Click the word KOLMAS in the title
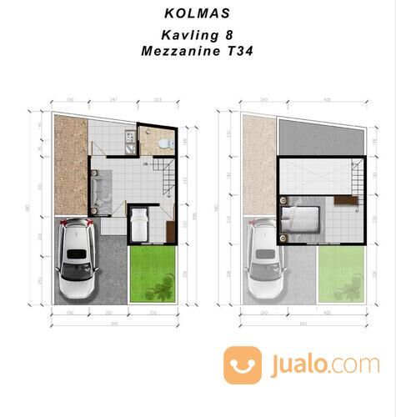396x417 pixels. (x=198, y=15)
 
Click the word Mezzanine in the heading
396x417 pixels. (x=183, y=50)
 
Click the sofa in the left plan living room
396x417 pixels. (x=98, y=188)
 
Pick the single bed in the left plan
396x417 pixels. (x=138, y=224)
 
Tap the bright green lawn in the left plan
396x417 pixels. (x=153, y=272)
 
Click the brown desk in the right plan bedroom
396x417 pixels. (x=342, y=200)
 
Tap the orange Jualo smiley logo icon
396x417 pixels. (x=242, y=364)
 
